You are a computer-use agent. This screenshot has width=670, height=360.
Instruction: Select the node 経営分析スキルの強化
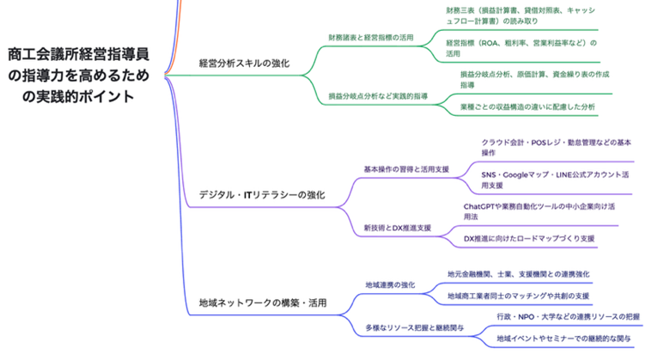(244, 63)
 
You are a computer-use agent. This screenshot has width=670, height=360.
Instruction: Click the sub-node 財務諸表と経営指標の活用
(370, 38)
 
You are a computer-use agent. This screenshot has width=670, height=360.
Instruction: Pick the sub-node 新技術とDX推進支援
(397, 228)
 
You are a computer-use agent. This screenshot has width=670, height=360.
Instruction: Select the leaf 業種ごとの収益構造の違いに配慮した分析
(527, 107)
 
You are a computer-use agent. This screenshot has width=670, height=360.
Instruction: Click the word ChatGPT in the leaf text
(484, 206)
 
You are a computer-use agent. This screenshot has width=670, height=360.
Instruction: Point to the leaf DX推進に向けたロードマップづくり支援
(528, 238)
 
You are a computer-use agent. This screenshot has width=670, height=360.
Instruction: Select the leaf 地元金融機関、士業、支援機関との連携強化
(518, 274)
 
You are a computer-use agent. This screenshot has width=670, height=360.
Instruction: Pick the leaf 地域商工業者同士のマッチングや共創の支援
(518, 296)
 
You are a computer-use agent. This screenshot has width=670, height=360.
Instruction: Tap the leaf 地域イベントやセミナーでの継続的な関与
(563, 339)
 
